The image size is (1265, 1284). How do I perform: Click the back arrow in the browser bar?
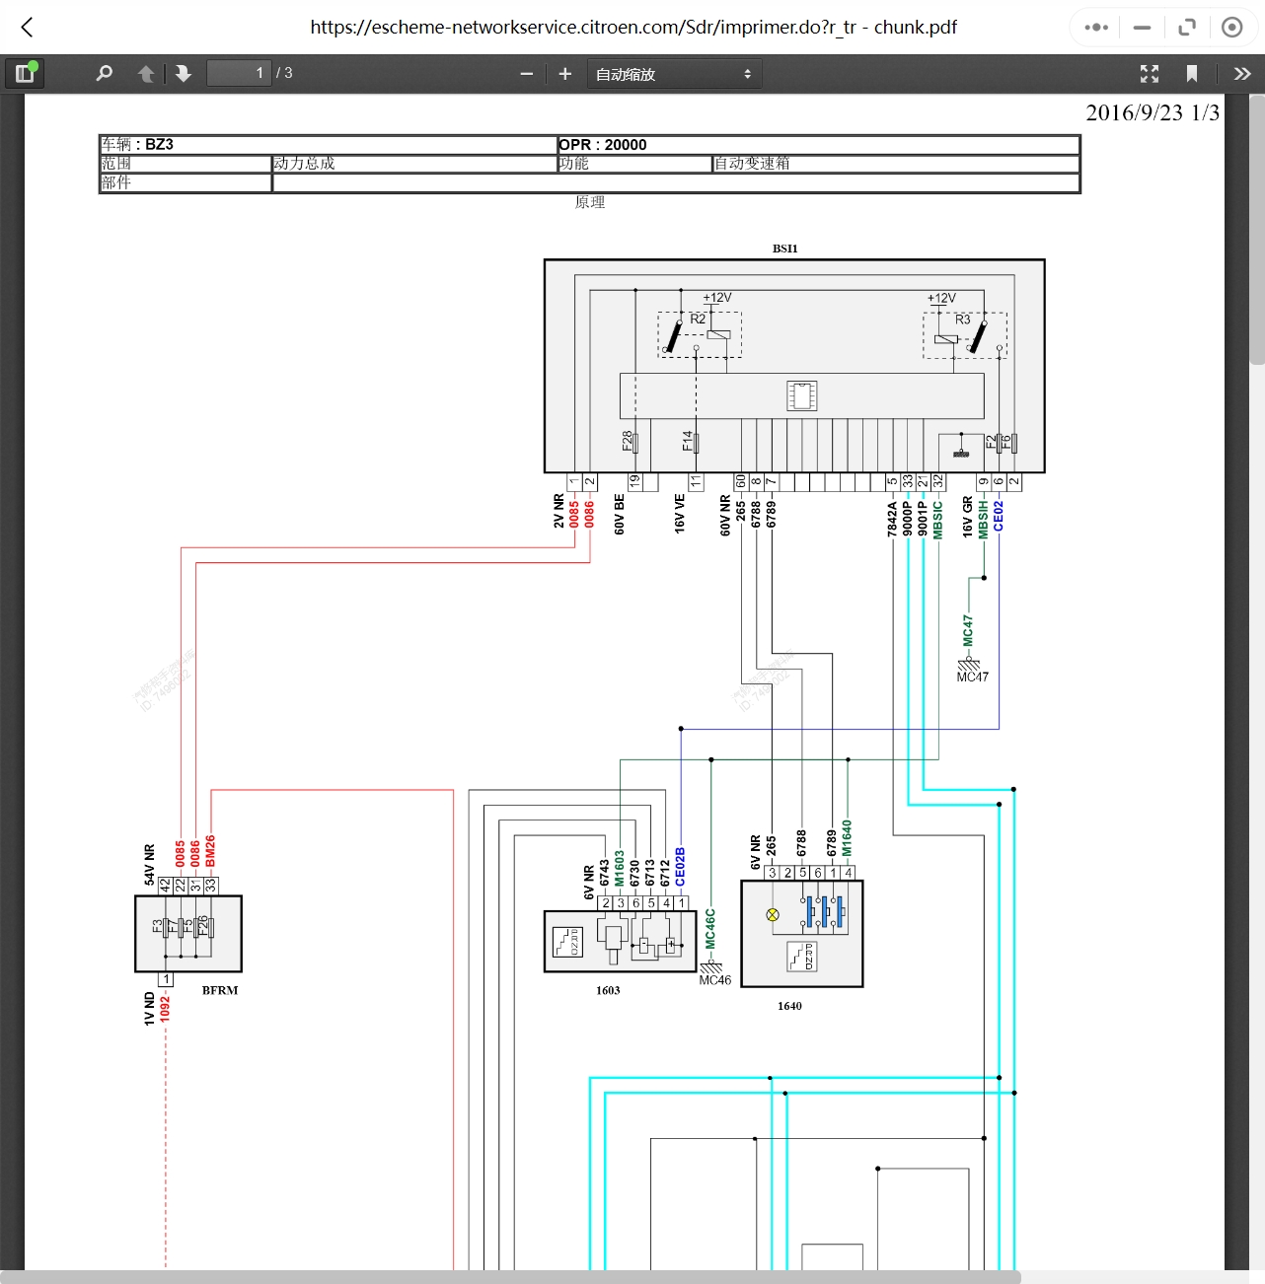pyautogui.click(x=28, y=28)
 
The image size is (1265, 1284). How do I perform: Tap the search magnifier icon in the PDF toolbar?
pyautogui.click(x=104, y=73)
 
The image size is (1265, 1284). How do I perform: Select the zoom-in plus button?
pyautogui.click(x=565, y=74)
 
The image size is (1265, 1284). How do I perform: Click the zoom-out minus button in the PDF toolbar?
pyautogui.click(x=526, y=74)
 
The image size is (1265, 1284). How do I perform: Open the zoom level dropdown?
pyautogui.click(x=674, y=74)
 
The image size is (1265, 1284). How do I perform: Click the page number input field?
pyautogui.click(x=238, y=73)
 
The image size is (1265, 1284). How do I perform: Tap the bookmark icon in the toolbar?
pyautogui.click(x=1192, y=74)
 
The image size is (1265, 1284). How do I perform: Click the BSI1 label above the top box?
pyautogui.click(x=785, y=249)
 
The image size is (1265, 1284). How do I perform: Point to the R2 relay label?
pyautogui.click(x=698, y=320)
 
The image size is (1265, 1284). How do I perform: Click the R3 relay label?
pyautogui.click(x=962, y=320)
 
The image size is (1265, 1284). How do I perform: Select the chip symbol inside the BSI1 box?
pyautogui.click(x=801, y=395)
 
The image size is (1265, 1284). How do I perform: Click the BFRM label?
pyautogui.click(x=220, y=990)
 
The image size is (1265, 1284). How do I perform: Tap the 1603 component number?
pyautogui.click(x=608, y=990)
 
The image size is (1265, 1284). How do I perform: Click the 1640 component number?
pyautogui.click(x=789, y=1006)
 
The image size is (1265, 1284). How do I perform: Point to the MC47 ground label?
pyautogui.click(x=972, y=678)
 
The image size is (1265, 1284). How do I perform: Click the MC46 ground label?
pyautogui.click(x=715, y=980)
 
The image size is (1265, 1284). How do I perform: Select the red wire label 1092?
pyautogui.click(x=166, y=1009)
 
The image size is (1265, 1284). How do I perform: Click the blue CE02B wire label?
pyautogui.click(x=681, y=867)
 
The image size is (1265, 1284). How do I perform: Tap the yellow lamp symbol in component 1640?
pyautogui.click(x=773, y=915)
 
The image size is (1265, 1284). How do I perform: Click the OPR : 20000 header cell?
pyautogui.click(x=603, y=145)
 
